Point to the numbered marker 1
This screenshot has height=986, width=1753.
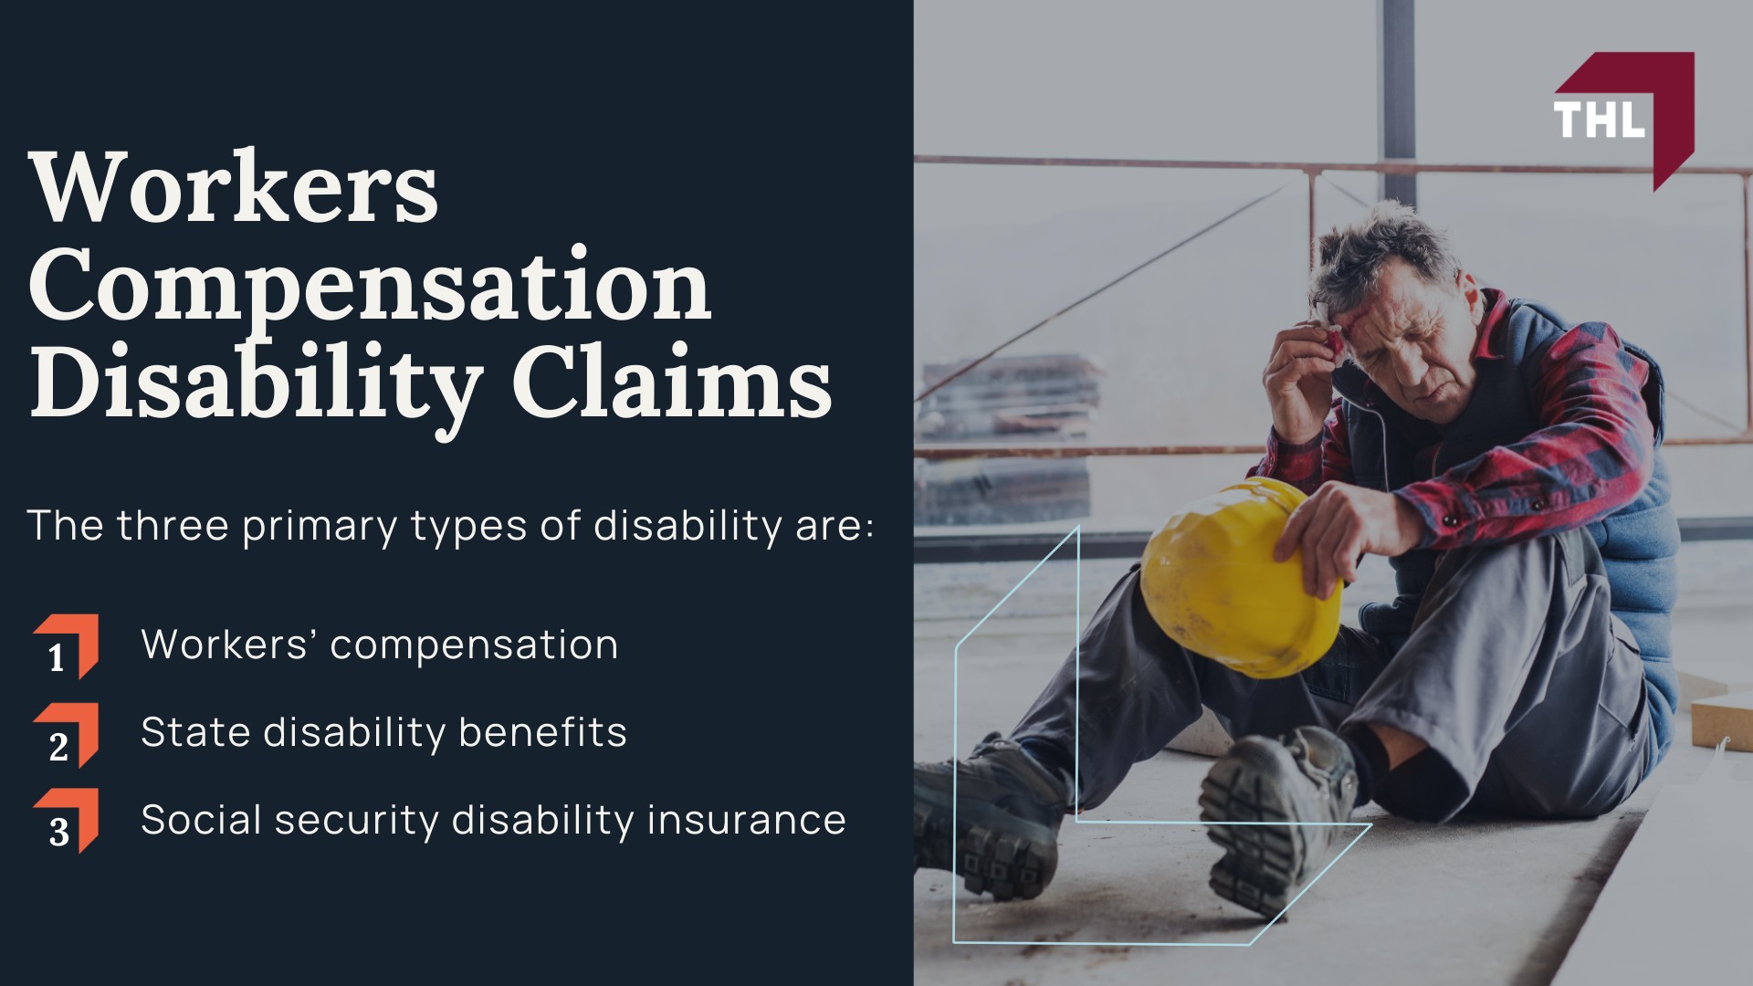pos(66,647)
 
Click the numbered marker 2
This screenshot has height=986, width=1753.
pos(66,735)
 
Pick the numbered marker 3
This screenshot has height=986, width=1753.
pos(66,822)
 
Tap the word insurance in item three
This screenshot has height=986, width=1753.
pos(746,819)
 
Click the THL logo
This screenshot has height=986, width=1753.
pos(1624,120)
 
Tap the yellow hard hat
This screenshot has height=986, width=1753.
pos(1239,577)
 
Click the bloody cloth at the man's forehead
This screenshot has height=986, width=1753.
pos(1334,340)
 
